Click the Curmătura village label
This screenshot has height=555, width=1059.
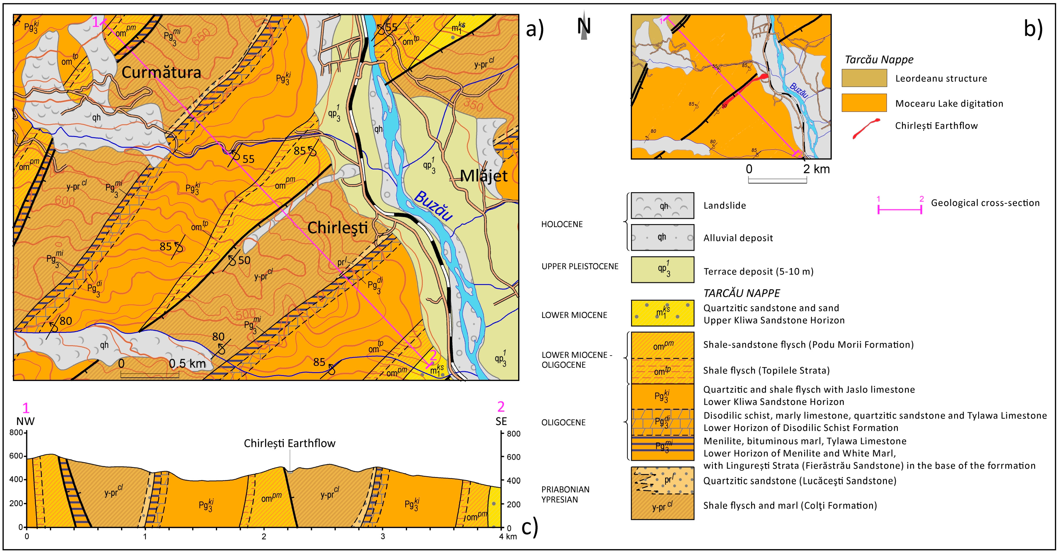[161, 73]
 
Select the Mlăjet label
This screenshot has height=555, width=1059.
[484, 176]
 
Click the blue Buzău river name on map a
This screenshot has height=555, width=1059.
[433, 206]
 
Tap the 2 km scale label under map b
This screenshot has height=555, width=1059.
[816, 169]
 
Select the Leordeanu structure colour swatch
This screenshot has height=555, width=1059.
[864, 78]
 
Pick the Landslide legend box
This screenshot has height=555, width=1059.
[662, 206]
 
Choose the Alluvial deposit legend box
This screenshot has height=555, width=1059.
[662, 238]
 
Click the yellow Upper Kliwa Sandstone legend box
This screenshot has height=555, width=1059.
[662, 313]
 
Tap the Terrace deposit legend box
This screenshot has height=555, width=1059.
[662, 270]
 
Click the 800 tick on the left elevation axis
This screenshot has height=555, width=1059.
[17, 433]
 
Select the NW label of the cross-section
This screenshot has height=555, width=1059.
[25, 421]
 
